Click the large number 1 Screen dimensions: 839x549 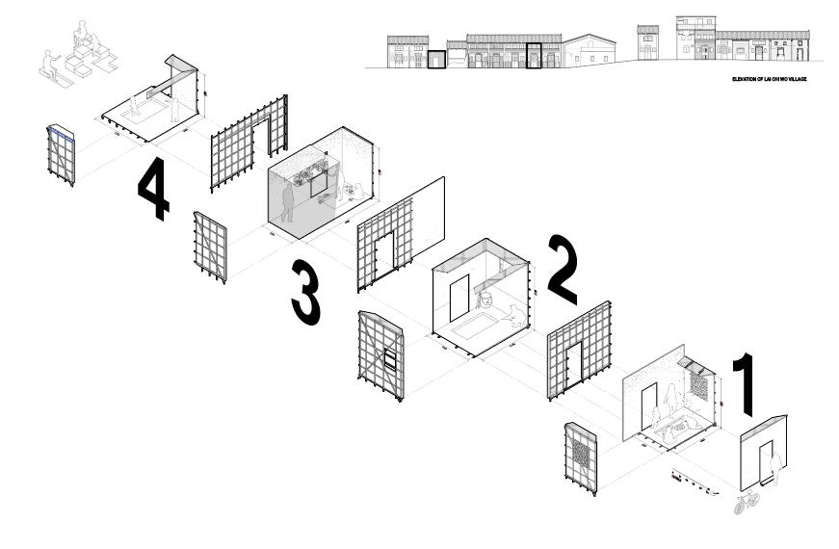pyautogui.click(x=746, y=385)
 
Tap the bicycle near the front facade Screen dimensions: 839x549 pyautogui.click(x=747, y=503)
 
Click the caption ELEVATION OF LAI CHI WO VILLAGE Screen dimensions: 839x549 pyautogui.click(x=768, y=80)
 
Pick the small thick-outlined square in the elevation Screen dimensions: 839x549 pyautogui.click(x=437, y=60)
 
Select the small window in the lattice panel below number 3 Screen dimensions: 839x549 pyautogui.click(x=391, y=360)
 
